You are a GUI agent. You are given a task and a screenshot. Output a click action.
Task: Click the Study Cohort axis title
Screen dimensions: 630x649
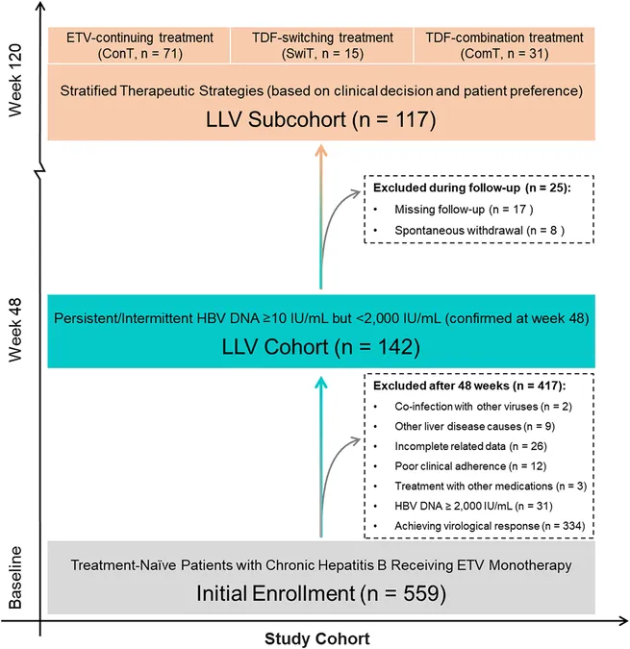point(317,638)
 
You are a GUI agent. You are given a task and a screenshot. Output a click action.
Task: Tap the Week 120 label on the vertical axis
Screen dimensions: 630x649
point(15,80)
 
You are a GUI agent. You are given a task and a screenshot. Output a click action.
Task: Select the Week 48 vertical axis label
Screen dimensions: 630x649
point(15,330)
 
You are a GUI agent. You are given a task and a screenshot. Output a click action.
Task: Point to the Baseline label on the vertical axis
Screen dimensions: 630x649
point(15,578)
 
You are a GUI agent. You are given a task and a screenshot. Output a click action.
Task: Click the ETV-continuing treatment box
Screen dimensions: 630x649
point(139,45)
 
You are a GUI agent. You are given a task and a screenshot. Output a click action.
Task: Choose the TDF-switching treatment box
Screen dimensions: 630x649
point(322,45)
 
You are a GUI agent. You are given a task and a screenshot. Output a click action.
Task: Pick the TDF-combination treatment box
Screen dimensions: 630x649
point(504,45)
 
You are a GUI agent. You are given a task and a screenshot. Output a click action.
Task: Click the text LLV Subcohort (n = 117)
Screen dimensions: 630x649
point(321,119)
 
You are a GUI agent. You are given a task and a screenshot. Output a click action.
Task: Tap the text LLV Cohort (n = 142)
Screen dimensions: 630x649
point(321,346)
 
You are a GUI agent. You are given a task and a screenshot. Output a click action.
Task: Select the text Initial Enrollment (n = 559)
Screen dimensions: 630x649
point(321,593)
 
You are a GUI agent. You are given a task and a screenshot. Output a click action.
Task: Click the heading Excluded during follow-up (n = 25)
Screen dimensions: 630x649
point(472,187)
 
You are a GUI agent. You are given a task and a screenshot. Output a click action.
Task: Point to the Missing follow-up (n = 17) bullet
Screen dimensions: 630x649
point(464,210)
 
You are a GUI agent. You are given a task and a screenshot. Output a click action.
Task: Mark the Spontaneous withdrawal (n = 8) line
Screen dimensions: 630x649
point(479,230)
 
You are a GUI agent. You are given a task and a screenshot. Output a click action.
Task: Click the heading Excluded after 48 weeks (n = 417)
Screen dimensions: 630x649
point(469,386)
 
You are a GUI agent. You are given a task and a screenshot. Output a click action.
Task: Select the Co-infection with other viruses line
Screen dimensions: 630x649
point(483,407)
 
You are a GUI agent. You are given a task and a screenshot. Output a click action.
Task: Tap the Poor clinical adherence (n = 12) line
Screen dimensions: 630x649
point(470,466)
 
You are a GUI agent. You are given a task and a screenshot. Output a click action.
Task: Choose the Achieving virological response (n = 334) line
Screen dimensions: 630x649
point(490,526)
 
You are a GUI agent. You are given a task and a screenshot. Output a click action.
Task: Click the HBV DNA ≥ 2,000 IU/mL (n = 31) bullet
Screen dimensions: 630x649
point(473,506)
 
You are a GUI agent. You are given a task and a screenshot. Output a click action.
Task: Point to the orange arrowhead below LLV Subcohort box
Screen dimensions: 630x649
point(321,151)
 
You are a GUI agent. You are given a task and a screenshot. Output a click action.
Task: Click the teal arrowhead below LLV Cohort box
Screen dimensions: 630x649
point(321,383)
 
